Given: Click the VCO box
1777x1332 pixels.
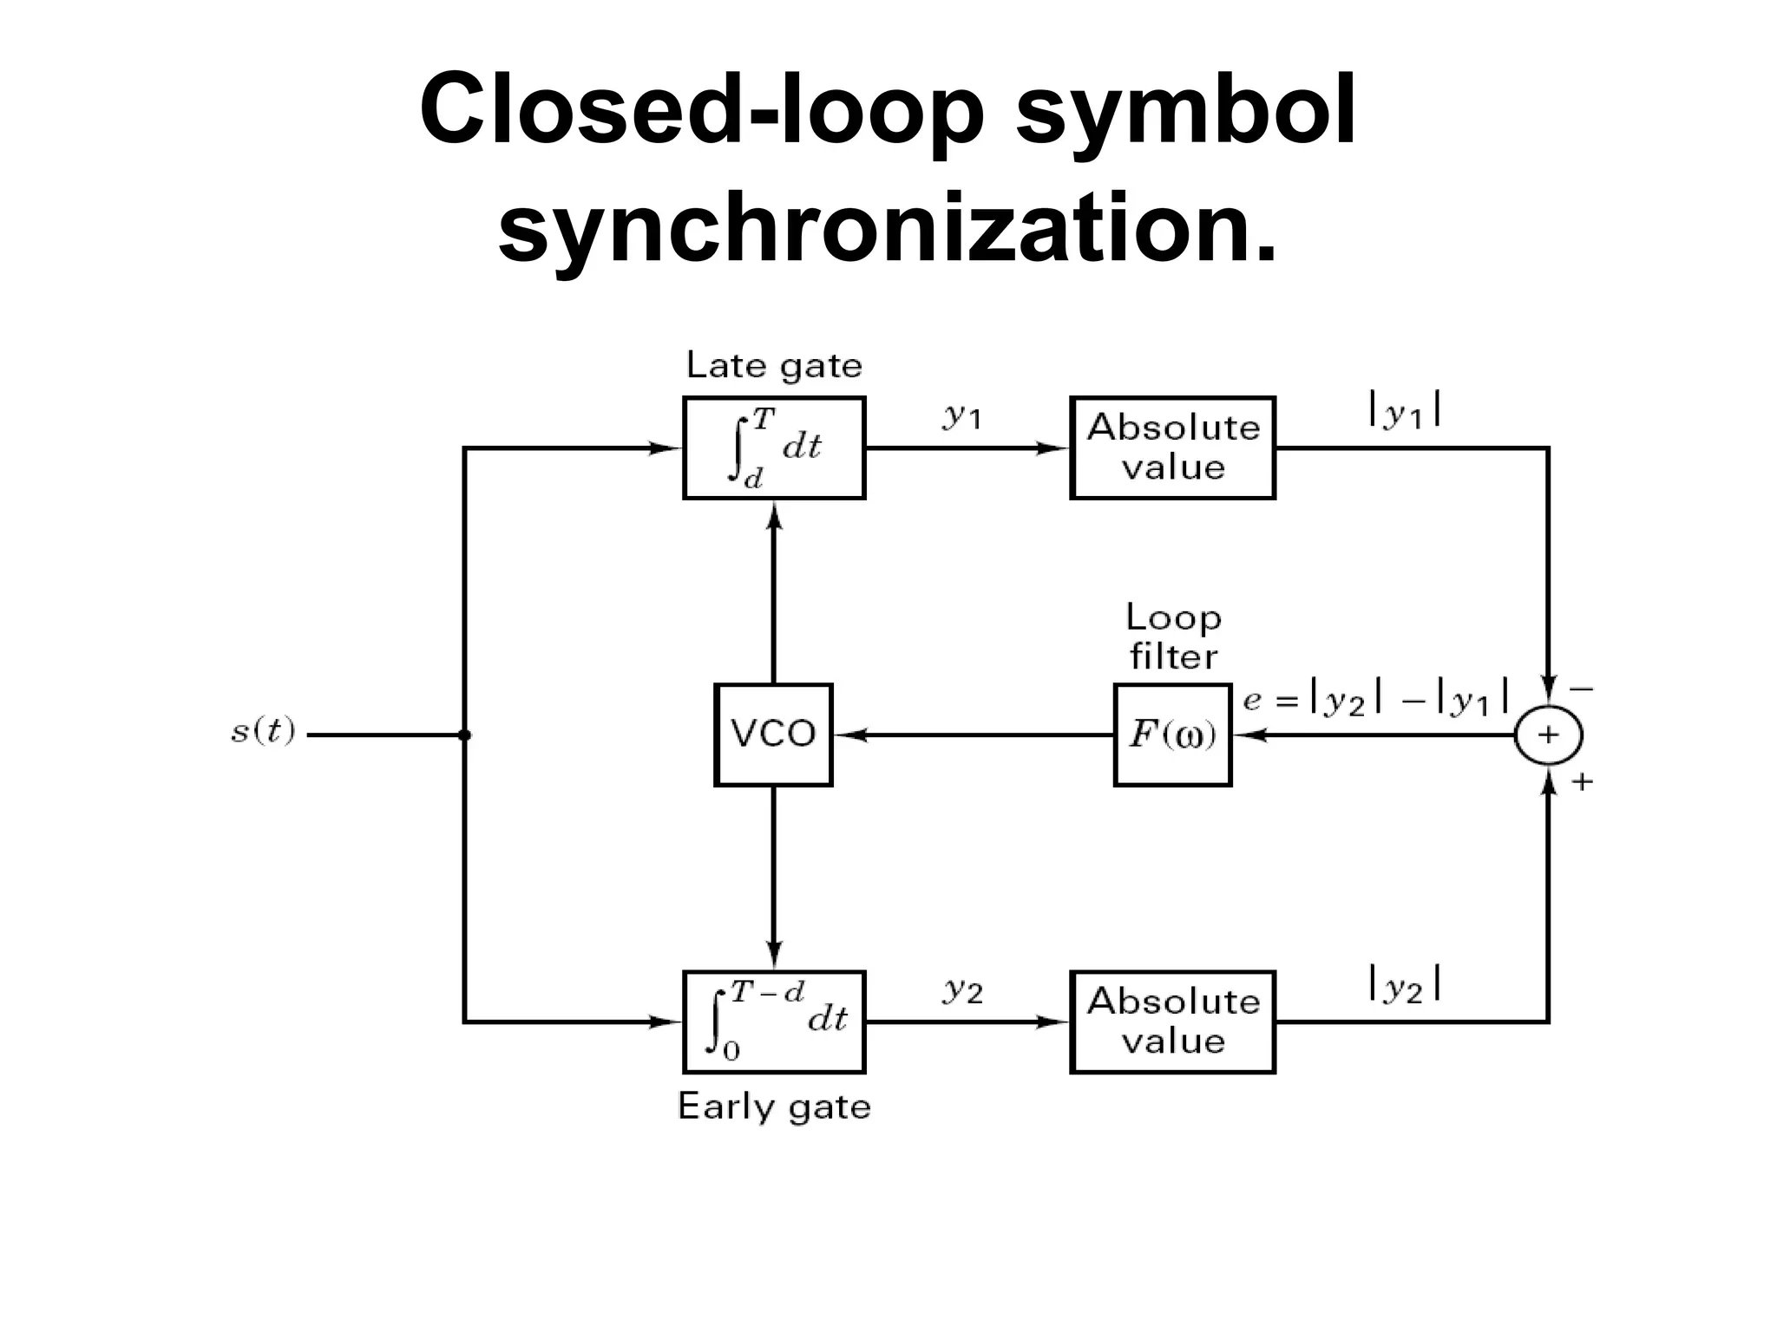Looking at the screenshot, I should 773,735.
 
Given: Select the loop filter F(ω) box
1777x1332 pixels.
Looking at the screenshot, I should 1172,735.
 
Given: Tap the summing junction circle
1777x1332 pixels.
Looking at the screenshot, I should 1549,735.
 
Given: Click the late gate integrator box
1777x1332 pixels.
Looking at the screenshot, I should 774,447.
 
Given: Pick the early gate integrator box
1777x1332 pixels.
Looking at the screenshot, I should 774,1022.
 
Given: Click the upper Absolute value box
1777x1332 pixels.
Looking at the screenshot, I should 1172,447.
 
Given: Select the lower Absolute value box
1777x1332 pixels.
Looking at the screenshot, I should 1172,1022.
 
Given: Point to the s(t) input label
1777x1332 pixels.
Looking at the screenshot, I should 263,732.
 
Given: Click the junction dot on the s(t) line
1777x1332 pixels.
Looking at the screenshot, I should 464,735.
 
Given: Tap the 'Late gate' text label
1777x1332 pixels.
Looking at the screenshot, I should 774,366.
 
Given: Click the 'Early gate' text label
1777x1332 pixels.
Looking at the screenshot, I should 774,1107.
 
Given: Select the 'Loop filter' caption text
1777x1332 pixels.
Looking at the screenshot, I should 1173,637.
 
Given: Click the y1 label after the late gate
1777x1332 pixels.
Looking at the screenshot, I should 962,417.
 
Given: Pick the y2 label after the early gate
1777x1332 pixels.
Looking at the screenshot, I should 962,989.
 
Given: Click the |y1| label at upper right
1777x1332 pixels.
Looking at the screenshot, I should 1405,409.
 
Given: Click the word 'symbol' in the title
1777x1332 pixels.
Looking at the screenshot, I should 1185,111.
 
